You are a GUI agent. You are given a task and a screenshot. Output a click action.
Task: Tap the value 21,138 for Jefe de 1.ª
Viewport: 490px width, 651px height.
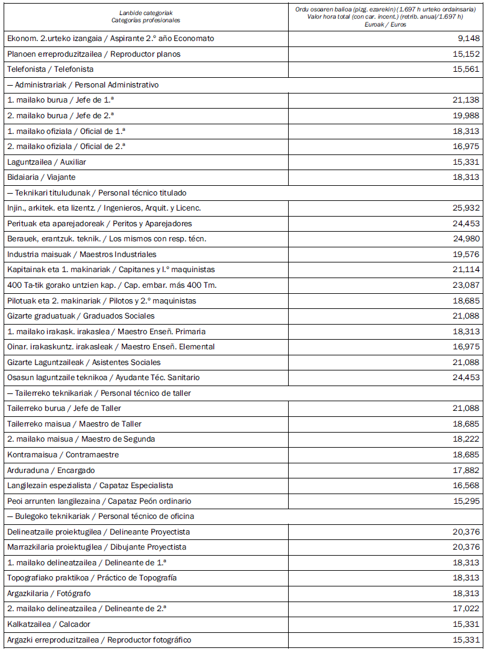click(466, 100)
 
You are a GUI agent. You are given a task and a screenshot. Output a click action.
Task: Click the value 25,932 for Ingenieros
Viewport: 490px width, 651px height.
click(466, 208)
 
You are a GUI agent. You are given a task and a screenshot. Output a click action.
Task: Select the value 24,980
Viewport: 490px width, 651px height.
click(466, 239)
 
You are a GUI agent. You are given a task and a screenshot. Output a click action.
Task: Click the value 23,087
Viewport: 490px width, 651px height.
click(466, 285)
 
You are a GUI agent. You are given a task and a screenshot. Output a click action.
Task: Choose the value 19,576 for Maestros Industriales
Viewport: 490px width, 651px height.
click(466, 255)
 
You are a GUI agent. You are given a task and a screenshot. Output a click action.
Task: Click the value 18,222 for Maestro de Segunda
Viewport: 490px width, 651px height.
click(466, 439)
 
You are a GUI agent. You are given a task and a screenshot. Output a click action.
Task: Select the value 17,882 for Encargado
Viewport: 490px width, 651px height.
click(466, 471)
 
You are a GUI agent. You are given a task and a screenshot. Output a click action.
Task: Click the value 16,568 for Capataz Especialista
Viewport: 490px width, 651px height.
click(466, 486)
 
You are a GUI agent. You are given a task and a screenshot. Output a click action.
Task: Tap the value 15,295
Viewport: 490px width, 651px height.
click(466, 501)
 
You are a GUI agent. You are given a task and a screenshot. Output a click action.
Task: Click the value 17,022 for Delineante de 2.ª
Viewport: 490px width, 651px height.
click(466, 609)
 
